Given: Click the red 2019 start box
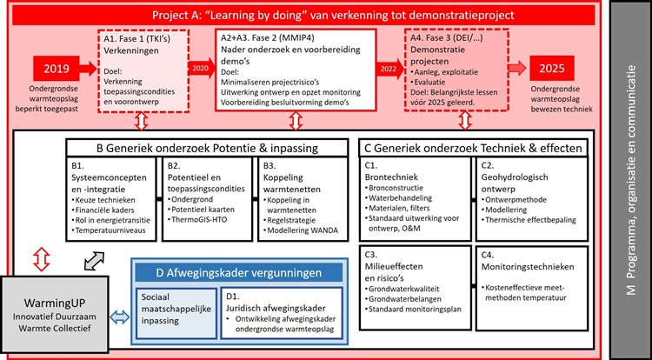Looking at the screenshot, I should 57,70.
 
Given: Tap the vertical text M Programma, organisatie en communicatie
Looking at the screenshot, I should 631,180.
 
